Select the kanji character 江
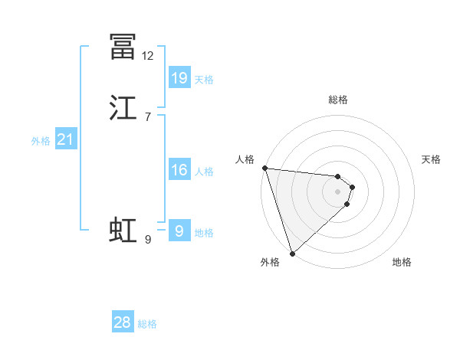tap(123, 108)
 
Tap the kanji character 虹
tap(123, 231)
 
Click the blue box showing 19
tap(179, 77)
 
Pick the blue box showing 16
tap(179, 170)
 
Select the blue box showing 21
tap(66, 139)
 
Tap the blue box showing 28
tap(123, 322)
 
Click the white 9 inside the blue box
tap(179, 231)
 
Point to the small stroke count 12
tap(148, 56)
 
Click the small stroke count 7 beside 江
tap(148, 116)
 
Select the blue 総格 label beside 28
tap(147, 324)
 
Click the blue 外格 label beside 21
tap(41, 141)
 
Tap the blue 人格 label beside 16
tap(204, 172)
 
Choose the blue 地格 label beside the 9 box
tap(204, 233)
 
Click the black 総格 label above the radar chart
tap(338, 100)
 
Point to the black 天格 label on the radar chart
tap(432, 159)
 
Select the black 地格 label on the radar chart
tap(402, 263)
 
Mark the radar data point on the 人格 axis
tap(264, 168)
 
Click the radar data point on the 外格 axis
tap(292, 253)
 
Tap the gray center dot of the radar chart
tap(338, 191)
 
